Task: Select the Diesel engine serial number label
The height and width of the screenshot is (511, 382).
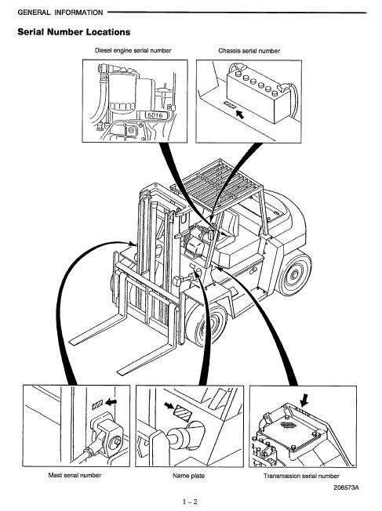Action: point(133,51)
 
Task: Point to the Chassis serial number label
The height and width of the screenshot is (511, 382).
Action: point(249,51)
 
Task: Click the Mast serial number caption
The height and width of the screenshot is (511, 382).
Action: point(75,476)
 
